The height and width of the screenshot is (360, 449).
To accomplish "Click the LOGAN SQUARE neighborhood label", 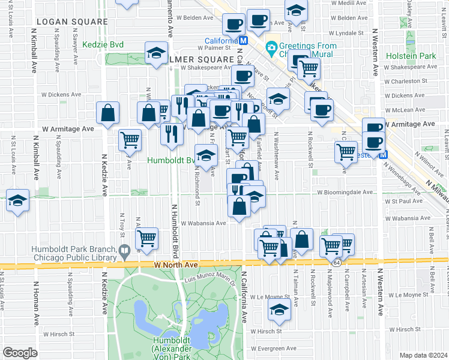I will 71,22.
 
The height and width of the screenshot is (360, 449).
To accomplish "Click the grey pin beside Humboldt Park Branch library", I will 125,250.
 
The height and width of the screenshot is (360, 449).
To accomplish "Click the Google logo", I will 20,352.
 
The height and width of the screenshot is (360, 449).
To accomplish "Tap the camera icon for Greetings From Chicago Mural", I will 271,47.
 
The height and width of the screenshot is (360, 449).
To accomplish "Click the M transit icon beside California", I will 243,40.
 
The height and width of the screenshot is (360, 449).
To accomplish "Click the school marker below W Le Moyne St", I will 279,310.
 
